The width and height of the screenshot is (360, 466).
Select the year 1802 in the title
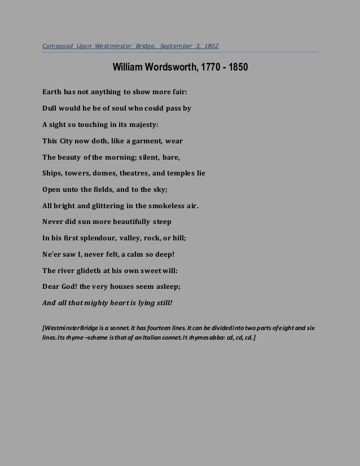212,46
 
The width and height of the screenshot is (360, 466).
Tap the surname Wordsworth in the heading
168,68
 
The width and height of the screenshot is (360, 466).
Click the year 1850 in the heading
236,68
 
